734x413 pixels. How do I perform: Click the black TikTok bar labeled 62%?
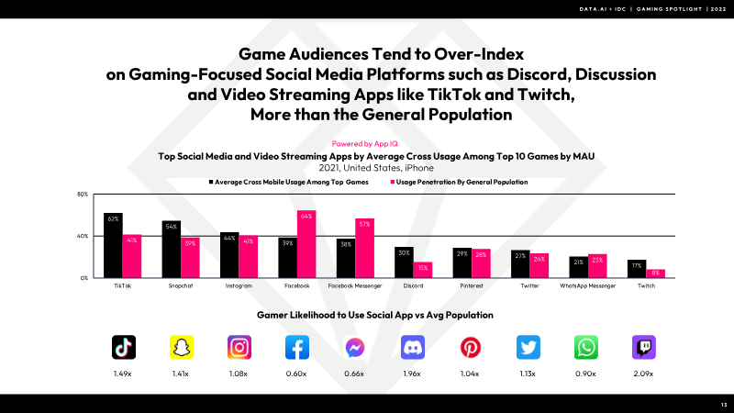113,245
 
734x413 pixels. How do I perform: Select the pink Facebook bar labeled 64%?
306,244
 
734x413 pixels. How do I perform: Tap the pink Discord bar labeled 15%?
423,269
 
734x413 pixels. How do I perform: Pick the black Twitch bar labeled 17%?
637,268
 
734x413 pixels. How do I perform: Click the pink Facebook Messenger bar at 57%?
364,248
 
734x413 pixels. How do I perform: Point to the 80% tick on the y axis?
82,195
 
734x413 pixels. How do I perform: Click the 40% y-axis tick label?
82,236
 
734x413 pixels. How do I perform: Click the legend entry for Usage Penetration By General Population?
460,182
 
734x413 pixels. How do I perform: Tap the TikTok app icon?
124,347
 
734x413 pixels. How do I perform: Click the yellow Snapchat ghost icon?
182,347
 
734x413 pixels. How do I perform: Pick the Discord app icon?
413,347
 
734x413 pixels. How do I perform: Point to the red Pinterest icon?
471,347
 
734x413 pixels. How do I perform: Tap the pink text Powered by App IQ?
367,144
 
